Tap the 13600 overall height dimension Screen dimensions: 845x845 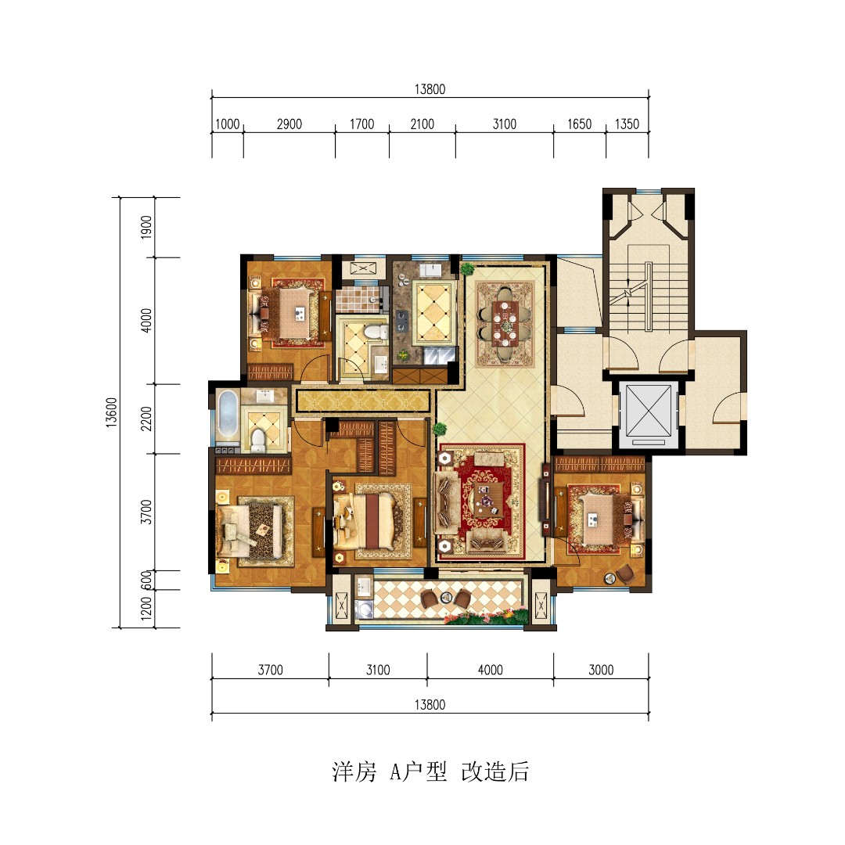pyautogui.click(x=111, y=412)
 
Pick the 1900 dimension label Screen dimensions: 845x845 pyautogui.click(x=146, y=228)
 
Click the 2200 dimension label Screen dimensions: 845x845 pyautogui.click(x=146, y=419)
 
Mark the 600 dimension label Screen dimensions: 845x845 pyautogui.click(x=146, y=581)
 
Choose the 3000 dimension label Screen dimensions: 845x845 pyautogui.click(x=600, y=670)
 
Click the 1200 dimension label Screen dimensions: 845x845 pyautogui.click(x=146, y=609)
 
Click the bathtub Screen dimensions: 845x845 pyautogui.click(x=226, y=417)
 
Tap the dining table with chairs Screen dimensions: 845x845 pyautogui.click(x=504, y=321)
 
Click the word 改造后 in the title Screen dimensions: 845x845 pyautogui.click(x=494, y=772)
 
